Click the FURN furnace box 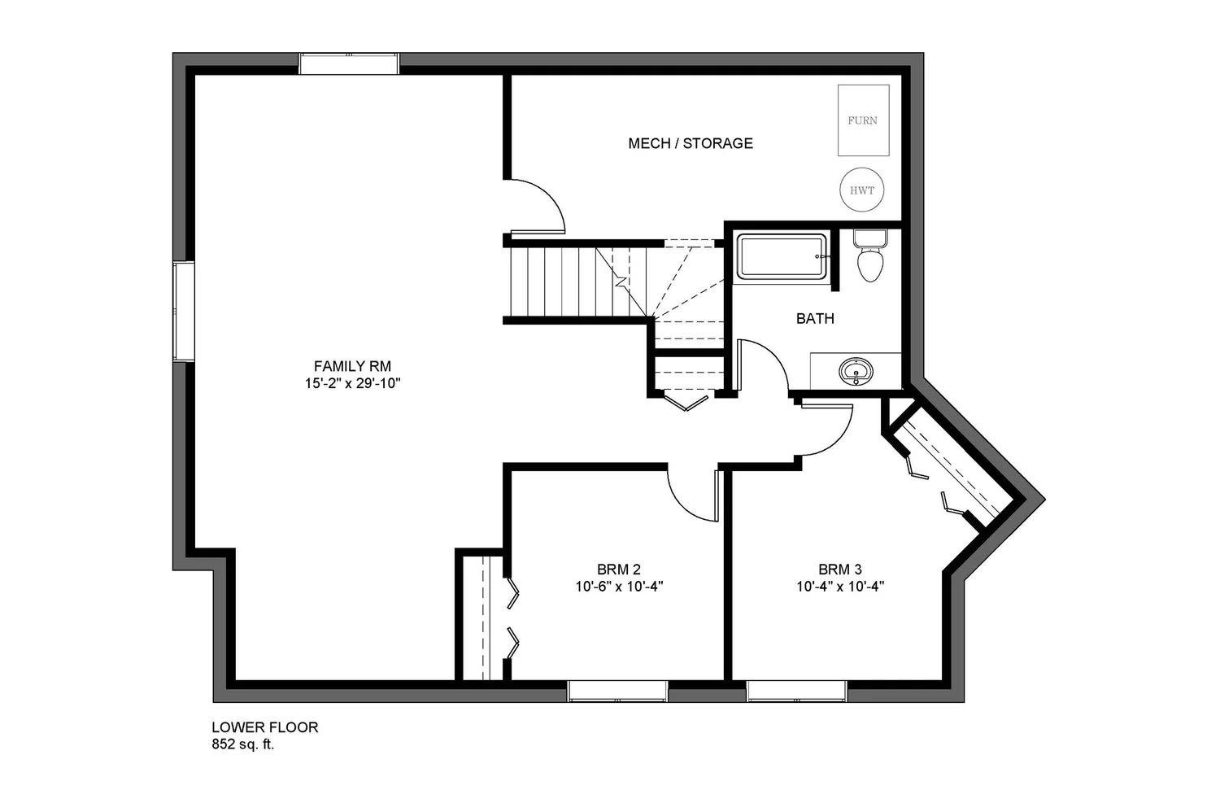[863, 120]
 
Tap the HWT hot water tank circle [862, 190]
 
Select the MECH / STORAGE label [691, 143]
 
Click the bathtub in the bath [781, 257]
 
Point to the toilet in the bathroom [869, 258]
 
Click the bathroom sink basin [855, 373]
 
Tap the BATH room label [815, 319]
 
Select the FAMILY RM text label [347, 366]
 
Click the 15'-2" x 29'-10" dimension [347, 383]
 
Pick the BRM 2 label [620, 569]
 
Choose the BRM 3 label [841, 569]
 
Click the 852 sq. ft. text [243, 744]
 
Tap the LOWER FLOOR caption [265, 727]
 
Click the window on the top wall [349, 63]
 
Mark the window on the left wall [183, 312]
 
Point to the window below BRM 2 [617, 691]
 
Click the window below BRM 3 [797, 691]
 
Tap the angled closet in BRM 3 [952, 464]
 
